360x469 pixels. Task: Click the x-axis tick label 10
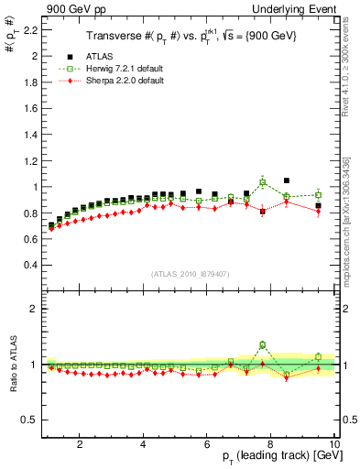pos(334,444)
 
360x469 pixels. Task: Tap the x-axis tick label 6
pos(207,444)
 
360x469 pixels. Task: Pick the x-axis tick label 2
pos(80,444)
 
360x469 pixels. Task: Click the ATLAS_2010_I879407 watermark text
pos(190,274)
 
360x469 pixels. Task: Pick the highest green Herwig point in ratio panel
pos(263,344)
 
